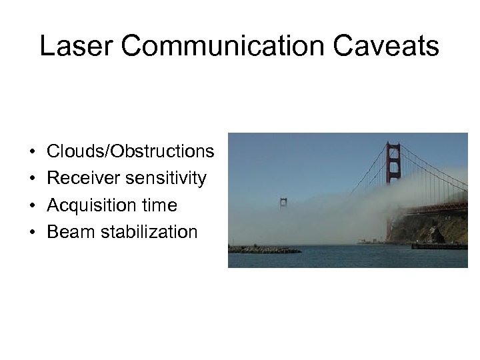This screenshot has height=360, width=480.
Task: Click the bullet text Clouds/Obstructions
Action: [131, 152]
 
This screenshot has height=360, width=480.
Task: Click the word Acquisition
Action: [91, 205]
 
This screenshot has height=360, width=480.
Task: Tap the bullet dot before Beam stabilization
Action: [33, 233]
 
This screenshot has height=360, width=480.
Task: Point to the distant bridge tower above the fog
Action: [284, 202]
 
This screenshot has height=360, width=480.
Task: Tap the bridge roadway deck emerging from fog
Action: [440, 208]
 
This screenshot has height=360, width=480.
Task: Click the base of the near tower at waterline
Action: [391, 239]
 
